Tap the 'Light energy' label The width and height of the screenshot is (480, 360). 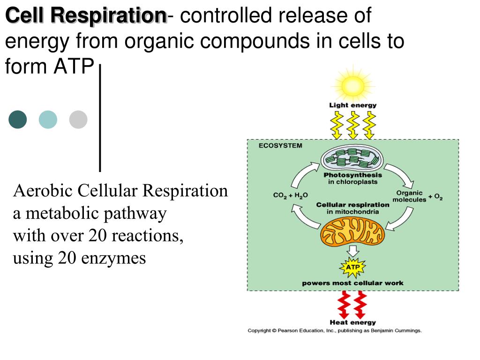[352, 105]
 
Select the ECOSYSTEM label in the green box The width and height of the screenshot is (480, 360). [280, 146]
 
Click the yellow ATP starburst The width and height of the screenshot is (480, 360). [352, 268]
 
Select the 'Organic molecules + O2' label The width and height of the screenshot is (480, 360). [417, 196]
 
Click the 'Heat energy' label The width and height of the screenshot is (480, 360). [352, 322]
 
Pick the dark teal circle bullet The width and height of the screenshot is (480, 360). [18, 120]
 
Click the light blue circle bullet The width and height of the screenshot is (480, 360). [48, 120]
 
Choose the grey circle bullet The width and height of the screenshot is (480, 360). [78, 120]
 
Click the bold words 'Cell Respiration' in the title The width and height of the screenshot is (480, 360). [86, 16]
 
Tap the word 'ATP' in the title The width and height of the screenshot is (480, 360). [73, 67]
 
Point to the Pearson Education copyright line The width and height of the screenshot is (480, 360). [335, 330]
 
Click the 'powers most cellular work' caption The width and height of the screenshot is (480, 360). [352, 283]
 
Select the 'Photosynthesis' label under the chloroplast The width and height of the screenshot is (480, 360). [352, 175]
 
